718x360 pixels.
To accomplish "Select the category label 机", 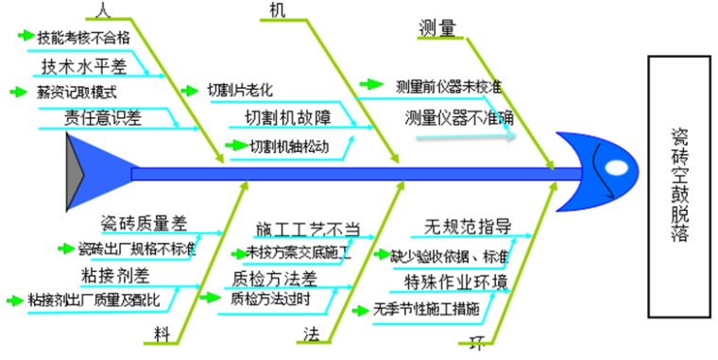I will point(276,10).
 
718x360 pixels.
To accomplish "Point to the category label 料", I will point(163,333).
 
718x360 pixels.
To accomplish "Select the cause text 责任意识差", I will point(89,117).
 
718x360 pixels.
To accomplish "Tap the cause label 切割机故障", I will point(287,118).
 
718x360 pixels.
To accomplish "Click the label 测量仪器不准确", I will point(458,118).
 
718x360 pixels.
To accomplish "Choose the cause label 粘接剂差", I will point(114,275).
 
